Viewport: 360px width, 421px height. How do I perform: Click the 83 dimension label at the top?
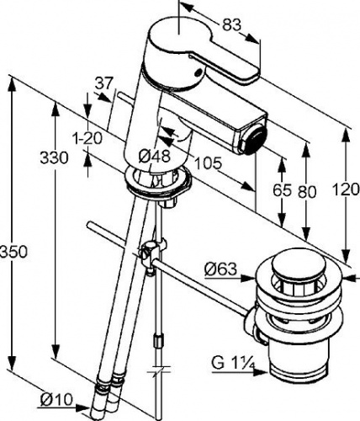click(x=231, y=25)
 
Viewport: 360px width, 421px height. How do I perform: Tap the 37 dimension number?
click(x=103, y=83)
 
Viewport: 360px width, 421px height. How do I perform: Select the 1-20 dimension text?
click(x=87, y=138)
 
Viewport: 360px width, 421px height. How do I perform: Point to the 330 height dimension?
click(x=54, y=157)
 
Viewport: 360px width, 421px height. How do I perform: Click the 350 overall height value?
click(x=13, y=252)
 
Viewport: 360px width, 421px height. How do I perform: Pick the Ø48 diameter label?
click(x=155, y=156)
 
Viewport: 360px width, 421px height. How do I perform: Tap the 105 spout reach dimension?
click(x=208, y=163)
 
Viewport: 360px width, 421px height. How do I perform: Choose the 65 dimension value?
click(x=282, y=191)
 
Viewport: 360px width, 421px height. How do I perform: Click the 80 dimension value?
click(x=307, y=192)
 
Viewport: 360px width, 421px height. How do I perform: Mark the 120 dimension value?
click(x=346, y=189)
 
